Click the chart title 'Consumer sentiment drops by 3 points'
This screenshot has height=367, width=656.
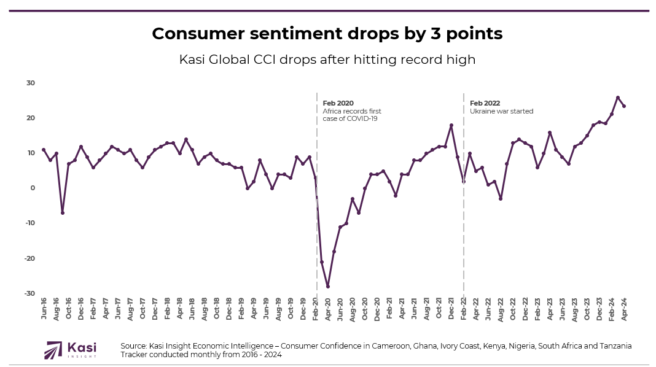327,34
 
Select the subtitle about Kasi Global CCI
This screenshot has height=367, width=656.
327,60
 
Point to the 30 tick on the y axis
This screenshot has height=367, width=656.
31,83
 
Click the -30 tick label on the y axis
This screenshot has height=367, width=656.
29,293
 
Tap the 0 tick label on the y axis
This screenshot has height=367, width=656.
33,188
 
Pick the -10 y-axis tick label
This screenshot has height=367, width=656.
29,223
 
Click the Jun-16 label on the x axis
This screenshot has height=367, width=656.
44,311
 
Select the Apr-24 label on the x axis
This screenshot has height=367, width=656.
625,311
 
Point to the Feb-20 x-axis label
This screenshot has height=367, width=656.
316,311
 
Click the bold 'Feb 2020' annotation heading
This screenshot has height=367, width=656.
338,103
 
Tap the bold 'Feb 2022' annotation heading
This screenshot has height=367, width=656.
485,103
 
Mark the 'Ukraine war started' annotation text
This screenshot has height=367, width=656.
501,111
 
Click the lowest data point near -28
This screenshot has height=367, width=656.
328,287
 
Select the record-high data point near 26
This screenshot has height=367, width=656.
618,98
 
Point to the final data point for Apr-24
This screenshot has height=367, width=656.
624,106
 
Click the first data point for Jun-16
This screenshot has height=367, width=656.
44,150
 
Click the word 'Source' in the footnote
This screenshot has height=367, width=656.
133,346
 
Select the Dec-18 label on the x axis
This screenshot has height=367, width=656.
229,311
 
